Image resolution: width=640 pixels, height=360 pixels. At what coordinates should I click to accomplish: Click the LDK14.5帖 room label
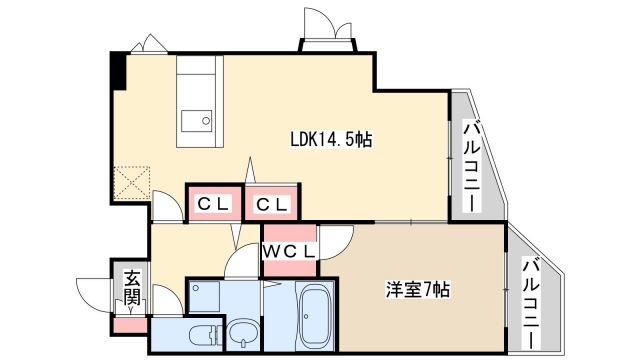(x=331, y=140)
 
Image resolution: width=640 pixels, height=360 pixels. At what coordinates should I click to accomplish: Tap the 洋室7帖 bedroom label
(x=418, y=289)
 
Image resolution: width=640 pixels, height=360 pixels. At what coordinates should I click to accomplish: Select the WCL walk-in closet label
(x=289, y=251)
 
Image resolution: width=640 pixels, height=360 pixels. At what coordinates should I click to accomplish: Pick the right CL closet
(x=273, y=203)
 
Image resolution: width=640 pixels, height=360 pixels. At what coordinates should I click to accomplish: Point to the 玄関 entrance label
(x=132, y=288)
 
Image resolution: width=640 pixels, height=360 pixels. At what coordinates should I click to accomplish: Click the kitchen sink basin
(x=196, y=121)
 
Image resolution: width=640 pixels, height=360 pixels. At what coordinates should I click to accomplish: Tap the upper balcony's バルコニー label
(x=472, y=166)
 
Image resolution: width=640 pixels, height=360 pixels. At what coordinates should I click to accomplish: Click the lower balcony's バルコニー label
(x=532, y=303)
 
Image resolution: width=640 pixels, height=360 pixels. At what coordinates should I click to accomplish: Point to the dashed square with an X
(x=131, y=182)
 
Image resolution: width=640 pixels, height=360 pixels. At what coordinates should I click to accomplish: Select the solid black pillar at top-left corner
(x=119, y=71)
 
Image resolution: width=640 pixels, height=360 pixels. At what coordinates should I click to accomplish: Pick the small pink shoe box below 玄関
(x=130, y=325)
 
